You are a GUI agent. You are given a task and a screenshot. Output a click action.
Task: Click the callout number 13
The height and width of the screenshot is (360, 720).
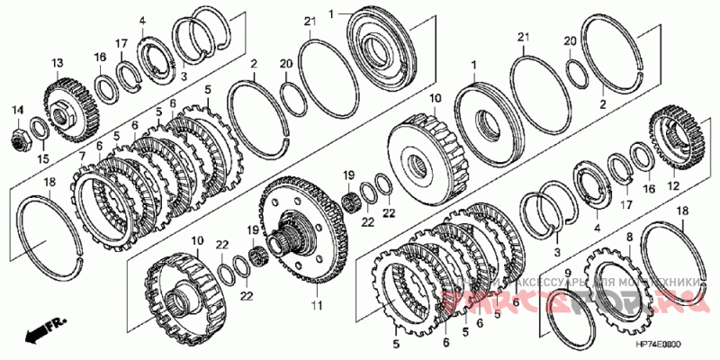[x=57, y=62]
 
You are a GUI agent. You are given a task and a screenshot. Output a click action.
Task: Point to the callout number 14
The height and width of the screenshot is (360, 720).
[x=17, y=110]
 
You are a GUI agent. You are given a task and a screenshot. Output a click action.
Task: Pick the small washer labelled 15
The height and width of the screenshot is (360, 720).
[x=40, y=127]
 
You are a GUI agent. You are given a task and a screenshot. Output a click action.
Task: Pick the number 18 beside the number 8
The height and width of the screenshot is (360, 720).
[x=681, y=210]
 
